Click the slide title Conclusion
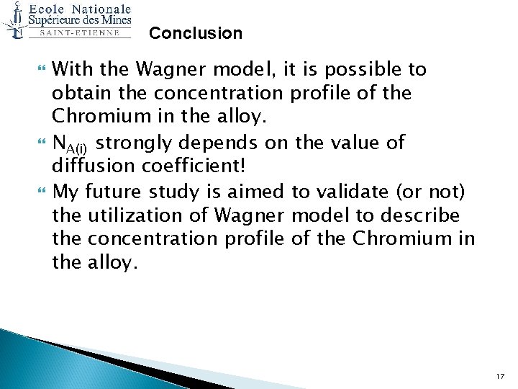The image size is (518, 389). (196, 33)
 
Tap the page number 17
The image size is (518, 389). (500, 376)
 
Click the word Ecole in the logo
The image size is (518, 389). (50, 9)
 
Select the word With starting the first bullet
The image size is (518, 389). (75, 70)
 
